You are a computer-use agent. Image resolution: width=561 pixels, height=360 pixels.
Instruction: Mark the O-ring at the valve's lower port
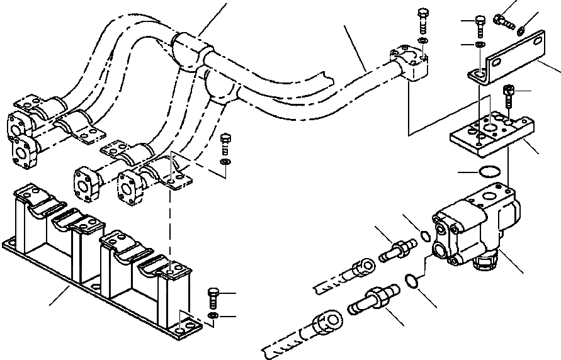coord(412,279)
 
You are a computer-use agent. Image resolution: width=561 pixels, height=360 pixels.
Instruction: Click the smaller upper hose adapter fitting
coord(396,250)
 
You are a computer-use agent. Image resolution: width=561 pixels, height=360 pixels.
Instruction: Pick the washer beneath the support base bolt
coord(212,315)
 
